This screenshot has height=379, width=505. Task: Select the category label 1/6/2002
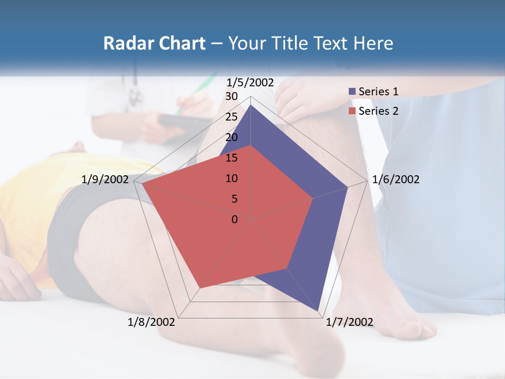[x=396, y=179]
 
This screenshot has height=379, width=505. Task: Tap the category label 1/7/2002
[x=349, y=322]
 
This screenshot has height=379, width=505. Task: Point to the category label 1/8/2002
[x=151, y=322]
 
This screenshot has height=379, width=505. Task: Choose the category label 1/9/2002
[x=105, y=179]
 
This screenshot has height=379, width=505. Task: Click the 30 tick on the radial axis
[x=231, y=96]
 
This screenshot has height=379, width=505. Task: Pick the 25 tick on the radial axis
[x=231, y=117]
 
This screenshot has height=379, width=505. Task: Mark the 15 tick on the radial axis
[x=231, y=158]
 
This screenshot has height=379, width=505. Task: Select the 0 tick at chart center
[x=235, y=220]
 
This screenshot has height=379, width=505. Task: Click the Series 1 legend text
[x=378, y=92]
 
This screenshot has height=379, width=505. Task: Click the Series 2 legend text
[x=378, y=111]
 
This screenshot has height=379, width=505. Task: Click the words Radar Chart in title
[x=154, y=43]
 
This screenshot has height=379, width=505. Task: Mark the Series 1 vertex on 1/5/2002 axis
[x=251, y=105]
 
